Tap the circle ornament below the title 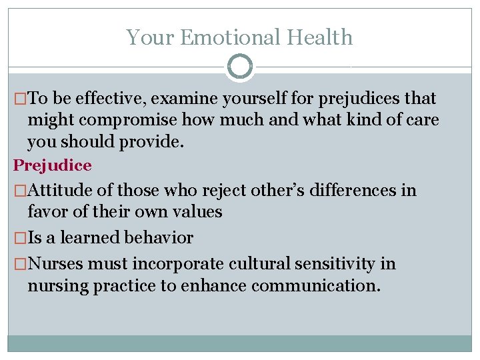[240, 67]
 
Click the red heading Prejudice [53, 165]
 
